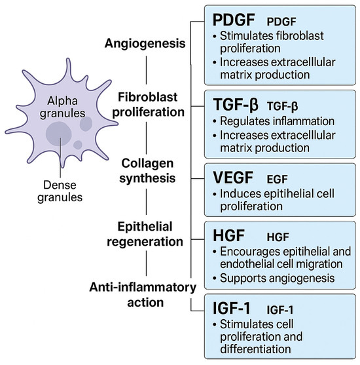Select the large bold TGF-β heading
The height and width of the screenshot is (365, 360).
tap(226, 104)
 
